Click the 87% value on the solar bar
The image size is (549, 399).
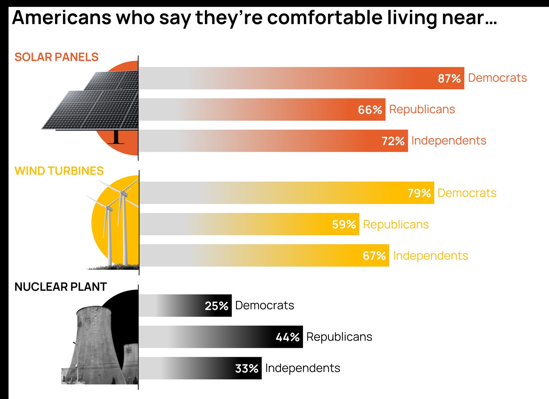tap(449, 78)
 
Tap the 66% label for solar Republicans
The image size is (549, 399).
tap(370, 110)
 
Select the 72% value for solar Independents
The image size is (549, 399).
tap(393, 141)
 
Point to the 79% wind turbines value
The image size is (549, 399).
tap(419, 193)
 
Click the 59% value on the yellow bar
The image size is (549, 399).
tap(344, 224)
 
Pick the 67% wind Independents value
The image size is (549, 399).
tap(374, 256)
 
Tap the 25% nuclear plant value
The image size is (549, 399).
tap(216, 306)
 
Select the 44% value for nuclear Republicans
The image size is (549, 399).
tap(287, 337)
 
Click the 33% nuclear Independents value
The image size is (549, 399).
tap(247, 368)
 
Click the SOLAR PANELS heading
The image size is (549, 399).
tap(56, 57)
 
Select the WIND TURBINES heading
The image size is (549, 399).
tap(59, 171)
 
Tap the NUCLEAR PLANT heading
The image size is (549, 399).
tap(60, 287)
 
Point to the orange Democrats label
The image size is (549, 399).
tap(497, 78)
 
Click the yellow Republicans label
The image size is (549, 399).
tap(396, 224)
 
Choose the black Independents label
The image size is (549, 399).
tap(302, 368)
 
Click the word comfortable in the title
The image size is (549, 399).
tap(325, 18)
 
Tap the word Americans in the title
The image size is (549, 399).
tap(61, 18)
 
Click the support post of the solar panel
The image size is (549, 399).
tap(116, 137)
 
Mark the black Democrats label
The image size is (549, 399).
tap(264, 306)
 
